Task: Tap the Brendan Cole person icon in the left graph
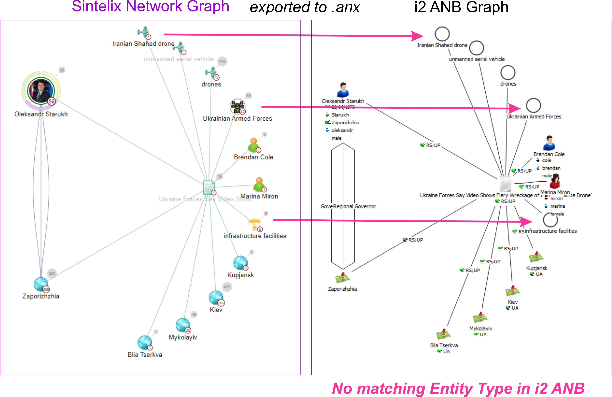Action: pos(254,145)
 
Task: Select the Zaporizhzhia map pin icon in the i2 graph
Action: pos(342,278)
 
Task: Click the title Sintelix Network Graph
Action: pos(150,6)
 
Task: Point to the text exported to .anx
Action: pos(305,7)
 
